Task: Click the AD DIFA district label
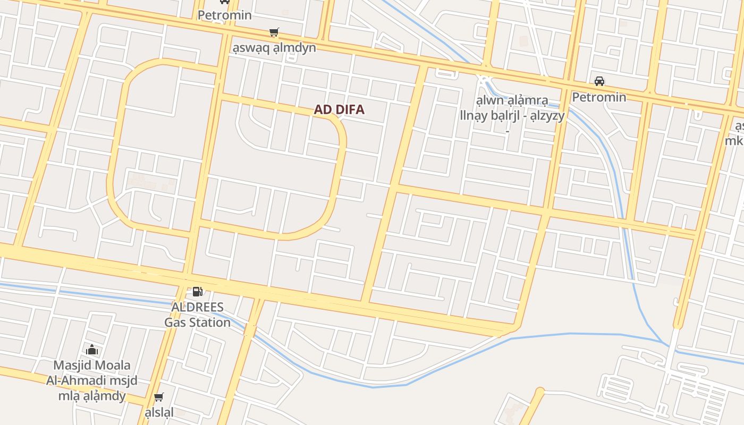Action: pos(339,110)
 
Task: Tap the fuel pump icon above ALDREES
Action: pos(197,291)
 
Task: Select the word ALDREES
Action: pos(197,308)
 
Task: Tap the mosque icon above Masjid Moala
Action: pos(92,350)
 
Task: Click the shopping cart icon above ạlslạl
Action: pos(158,397)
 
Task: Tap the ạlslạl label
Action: pos(159,412)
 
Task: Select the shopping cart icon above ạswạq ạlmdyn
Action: pos(274,32)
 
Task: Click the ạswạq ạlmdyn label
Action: pos(274,48)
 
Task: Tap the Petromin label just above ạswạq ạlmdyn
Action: pos(225,15)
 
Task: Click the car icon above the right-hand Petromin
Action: pos(599,81)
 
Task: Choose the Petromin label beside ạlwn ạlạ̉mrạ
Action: pos(599,97)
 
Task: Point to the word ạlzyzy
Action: pos(544,116)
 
